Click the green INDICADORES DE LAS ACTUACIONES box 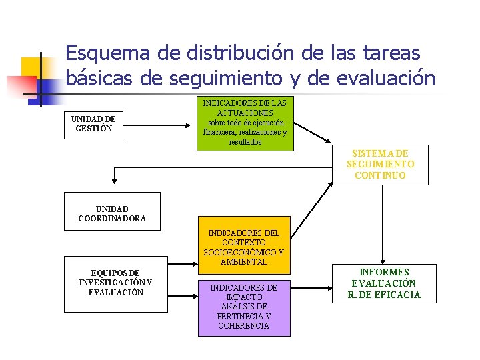(x=245, y=123)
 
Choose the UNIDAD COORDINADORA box (x=112, y=211)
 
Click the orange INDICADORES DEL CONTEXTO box (x=244, y=245)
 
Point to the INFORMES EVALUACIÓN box (x=384, y=283)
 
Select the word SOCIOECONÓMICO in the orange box (x=244, y=253)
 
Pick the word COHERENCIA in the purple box (x=244, y=326)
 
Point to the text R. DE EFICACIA (x=384, y=295)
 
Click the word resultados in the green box (x=245, y=142)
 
